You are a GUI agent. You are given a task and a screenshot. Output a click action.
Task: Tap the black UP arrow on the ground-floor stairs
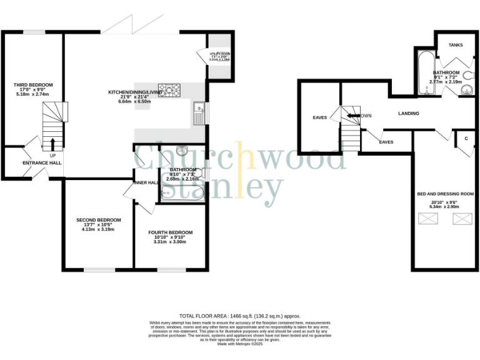(52, 144)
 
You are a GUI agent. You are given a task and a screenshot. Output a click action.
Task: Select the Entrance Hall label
(42, 162)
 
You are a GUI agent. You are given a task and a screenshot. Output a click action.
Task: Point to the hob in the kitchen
(169, 91)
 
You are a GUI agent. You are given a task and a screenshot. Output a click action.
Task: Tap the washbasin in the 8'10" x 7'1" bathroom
(181, 151)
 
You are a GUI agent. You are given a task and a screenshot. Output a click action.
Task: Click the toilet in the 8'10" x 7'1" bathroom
(202, 176)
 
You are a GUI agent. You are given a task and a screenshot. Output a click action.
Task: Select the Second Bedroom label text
(98, 220)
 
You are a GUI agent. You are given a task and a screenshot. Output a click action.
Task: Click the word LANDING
(409, 113)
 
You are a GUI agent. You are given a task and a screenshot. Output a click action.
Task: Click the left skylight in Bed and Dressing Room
(429, 219)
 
